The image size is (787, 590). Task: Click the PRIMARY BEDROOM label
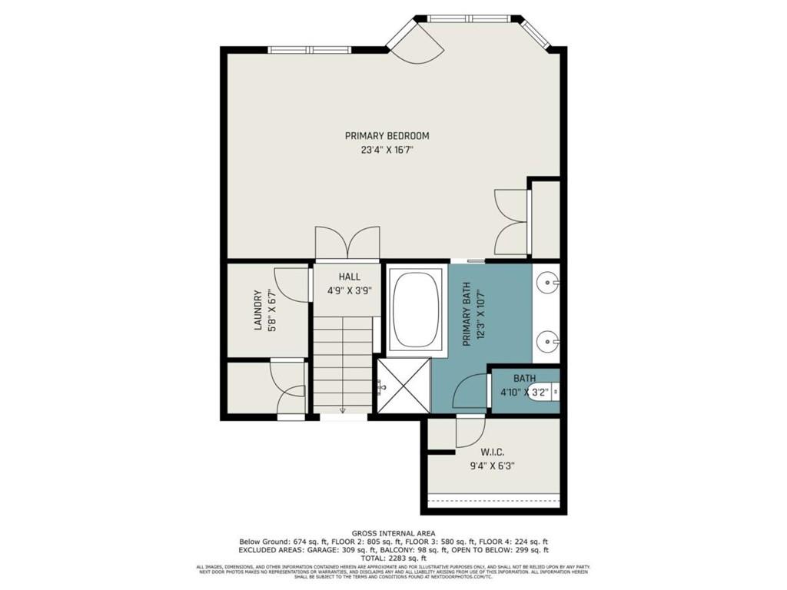coord(387,136)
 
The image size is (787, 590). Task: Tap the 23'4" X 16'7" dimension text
coord(387,150)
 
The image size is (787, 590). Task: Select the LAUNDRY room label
coord(258,310)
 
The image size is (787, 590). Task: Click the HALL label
coord(348,277)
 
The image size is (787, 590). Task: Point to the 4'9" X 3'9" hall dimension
coord(348,291)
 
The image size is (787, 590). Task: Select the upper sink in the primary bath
coord(549,283)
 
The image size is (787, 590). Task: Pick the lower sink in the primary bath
coord(549,338)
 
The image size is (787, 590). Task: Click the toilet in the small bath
coord(545,392)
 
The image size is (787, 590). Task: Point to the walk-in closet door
coord(470,432)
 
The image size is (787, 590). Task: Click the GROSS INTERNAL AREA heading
coord(393,532)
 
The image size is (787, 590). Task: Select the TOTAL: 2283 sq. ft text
coord(393,558)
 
